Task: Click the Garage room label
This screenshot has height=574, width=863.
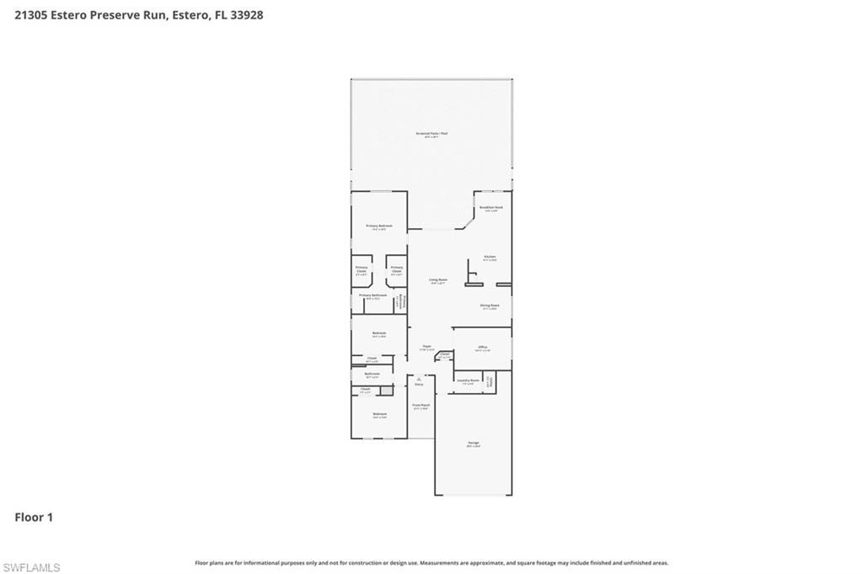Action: point(473,444)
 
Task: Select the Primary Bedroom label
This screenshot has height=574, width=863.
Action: point(379,226)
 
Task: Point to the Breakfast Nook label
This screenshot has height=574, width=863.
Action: point(490,208)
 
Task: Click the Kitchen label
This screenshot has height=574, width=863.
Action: point(490,258)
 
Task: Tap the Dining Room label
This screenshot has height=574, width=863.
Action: point(490,306)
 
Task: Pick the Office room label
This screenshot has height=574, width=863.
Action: point(483,348)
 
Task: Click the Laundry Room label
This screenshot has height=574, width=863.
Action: point(468,381)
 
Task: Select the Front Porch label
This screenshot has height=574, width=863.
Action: point(421,407)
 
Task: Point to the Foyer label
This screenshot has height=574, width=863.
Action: point(427,347)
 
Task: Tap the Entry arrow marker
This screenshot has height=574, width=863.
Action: point(419,382)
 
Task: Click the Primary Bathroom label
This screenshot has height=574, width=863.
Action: point(373,296)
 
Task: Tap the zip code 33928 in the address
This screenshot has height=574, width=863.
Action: point(245,14)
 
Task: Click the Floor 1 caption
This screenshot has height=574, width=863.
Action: point(34,518)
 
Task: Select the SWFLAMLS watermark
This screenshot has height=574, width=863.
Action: point(31,567)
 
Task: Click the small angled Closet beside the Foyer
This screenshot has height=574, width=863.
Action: point(443,355)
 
